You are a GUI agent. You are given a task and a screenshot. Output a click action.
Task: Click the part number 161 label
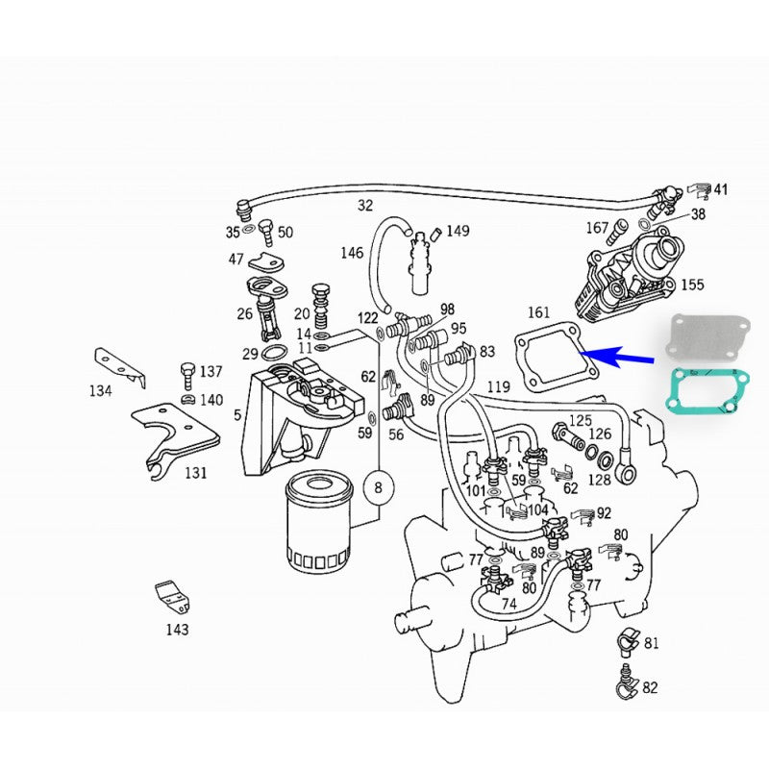tap(539, 312)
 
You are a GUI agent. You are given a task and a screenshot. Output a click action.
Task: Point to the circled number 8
tap(378, 487)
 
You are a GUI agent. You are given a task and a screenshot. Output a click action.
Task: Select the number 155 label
tap(691, 285)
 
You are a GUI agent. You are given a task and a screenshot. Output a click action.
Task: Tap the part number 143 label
tap(177, 630)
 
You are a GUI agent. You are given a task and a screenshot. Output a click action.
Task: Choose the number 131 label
tap(196, 473)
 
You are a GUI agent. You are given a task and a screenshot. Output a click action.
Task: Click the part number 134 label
tap(100, 390)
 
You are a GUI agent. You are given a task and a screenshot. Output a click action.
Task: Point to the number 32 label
tap(364, 206)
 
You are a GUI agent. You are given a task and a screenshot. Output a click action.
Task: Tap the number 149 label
tap(458, 231)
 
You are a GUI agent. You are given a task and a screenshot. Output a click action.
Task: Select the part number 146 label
tap(352, 253)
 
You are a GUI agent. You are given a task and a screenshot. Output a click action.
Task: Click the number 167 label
tap(598, 228)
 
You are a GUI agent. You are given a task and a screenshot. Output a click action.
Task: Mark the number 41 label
tap(720, 190)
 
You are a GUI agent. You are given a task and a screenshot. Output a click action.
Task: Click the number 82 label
tap(651, 687)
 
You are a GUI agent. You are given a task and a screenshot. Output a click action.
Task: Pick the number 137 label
tap(211, 371)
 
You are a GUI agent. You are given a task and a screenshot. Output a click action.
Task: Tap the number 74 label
tap(509, 605)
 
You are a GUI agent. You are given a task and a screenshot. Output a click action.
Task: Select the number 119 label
tap(498, 387)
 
